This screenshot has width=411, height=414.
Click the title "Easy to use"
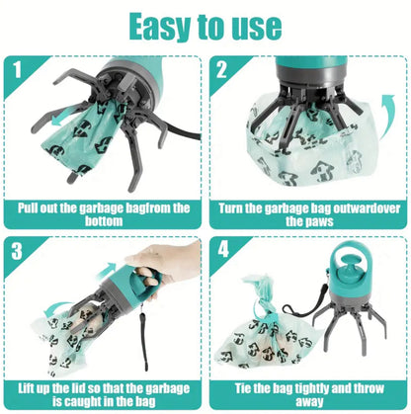tap(205, 26)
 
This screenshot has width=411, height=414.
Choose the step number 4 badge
tap(224, 251)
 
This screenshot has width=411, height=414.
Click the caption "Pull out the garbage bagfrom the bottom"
tap(106, 215)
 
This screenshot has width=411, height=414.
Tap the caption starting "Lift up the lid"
tap(106, 394)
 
